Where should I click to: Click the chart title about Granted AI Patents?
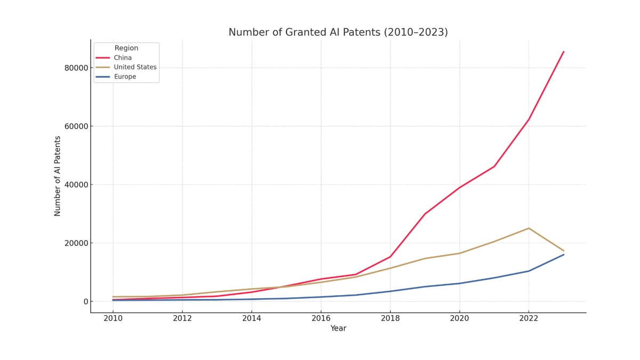(338, 33)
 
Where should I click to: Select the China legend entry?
(123, 58)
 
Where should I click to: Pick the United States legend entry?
(135, 67)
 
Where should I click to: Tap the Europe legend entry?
(125, 77)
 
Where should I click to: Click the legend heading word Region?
(126, 48)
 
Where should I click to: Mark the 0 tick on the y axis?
(85, 302)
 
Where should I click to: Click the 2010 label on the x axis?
(113, 318)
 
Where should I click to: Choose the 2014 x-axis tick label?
(251, 318)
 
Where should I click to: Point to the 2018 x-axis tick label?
(390, 318)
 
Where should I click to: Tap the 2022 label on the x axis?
(529, 318)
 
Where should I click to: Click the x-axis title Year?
(338, 329)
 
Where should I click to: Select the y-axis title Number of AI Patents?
(58, 176)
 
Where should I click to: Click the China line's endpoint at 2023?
(563, 52)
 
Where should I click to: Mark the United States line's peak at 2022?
(529, 228)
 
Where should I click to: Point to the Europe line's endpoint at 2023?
(563, 254)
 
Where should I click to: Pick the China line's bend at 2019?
(425, 214)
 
